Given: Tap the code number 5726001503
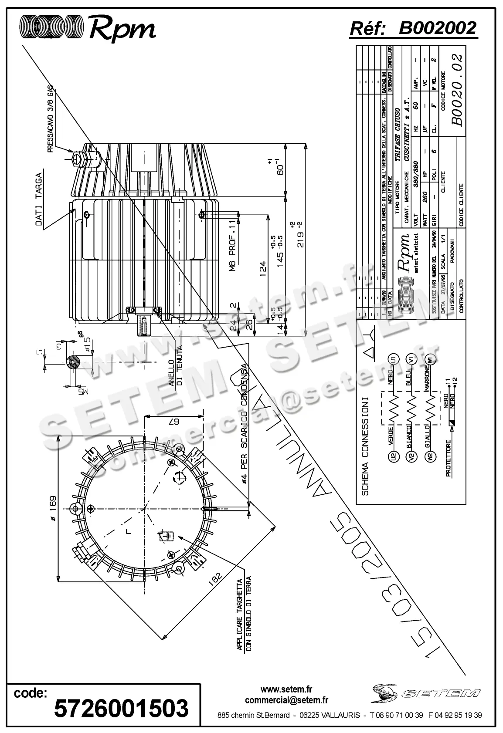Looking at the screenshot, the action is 121,708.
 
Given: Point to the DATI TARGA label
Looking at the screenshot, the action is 39,200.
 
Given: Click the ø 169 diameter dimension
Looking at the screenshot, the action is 52,508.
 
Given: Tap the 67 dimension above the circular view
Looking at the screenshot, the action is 174,422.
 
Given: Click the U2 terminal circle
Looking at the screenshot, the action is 394,456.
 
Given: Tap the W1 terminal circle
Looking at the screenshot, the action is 431,360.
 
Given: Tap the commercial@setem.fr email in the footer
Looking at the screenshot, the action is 286,700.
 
